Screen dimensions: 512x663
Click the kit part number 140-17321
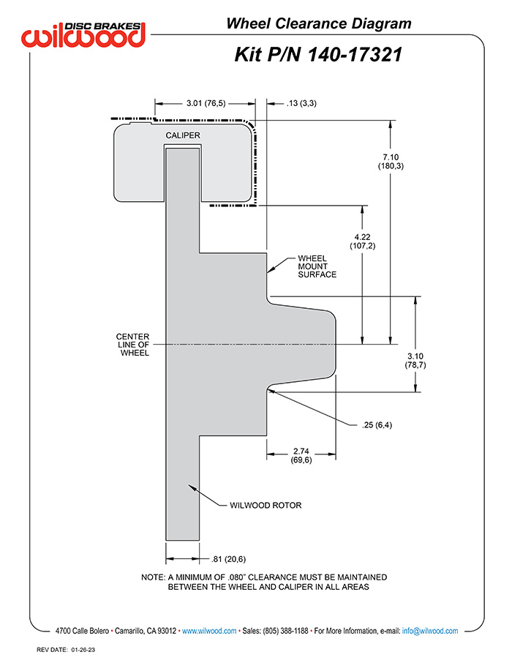[x=354, y=55]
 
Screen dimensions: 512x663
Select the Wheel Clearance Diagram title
[x=319, y=23]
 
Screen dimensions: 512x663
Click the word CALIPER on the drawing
[x=183, y=135]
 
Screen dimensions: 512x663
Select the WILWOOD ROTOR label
[x=266, y=505]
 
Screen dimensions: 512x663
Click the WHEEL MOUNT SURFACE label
[x=317, y=266]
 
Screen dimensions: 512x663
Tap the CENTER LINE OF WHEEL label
[x=133, y=345]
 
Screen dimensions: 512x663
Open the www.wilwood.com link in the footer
[x=209, y=631]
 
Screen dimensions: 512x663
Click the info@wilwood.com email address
[x=430, y=631]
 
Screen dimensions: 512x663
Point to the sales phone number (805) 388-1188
[x=285, y=631]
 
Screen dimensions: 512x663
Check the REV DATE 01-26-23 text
[x=66, y=650]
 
